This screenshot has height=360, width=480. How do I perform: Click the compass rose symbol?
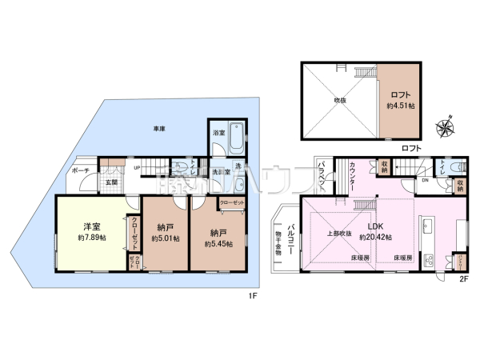click(445, 126)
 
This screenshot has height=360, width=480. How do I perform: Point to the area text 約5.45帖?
click(217, 242)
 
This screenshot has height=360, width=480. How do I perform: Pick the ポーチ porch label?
click(79, 171)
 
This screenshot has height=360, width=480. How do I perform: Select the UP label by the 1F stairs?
click(137, 167)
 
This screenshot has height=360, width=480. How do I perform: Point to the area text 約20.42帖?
click(374, 238)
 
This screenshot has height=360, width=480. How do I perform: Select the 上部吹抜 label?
click(337, 234)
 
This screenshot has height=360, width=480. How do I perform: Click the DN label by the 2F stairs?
click(425, 179)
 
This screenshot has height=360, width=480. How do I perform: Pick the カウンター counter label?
click(354, 177)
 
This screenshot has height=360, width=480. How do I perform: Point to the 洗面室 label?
click(222, 172)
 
